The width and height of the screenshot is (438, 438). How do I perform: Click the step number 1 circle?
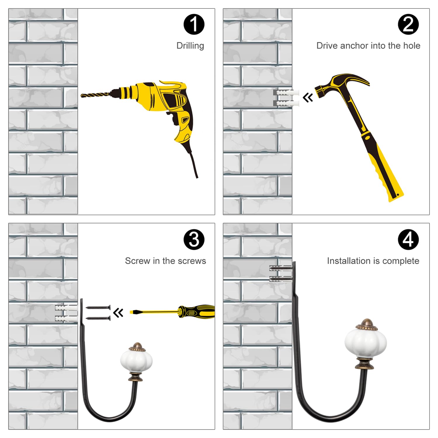click(x=194, y=24)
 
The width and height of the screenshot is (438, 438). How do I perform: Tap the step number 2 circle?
click(x=408, y=24)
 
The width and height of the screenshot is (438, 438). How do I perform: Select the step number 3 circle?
click(x=194, y=239)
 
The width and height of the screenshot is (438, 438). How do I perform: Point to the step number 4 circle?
click(x=408, y=239)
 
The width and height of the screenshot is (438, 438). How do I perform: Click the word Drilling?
click(x=190, y=46)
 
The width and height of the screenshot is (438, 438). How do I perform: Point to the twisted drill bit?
click(x=95, y=95)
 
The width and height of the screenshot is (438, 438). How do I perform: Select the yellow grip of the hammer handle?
click(x=386, y=172)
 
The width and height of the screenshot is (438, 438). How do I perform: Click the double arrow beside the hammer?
click(x=308, y=97)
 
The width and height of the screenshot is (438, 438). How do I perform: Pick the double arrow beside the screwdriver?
click(x=118, y=313)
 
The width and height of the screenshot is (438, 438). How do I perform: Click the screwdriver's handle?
click(x=197, y=312)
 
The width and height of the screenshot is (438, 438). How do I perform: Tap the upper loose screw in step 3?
click(x=98, y=307)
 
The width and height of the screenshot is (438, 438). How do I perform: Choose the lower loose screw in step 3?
click(x=98, y=318)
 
